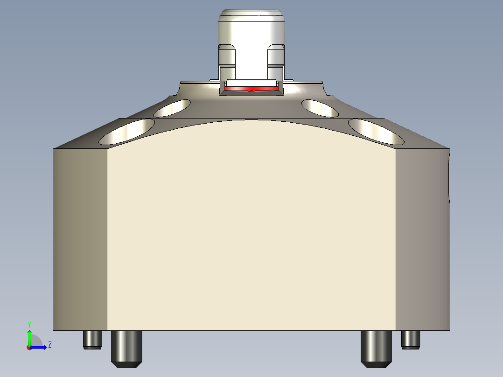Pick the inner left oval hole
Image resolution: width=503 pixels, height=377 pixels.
point(172,108)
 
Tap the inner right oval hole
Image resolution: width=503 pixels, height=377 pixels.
point(320,108)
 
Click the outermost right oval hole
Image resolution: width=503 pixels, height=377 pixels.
point(376,131)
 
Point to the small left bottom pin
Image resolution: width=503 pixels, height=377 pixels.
point(92,339)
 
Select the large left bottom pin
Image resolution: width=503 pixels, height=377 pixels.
point(126,348)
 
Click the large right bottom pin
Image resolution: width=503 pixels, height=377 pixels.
point(377,348)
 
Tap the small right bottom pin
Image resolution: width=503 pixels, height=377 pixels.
point(410,339)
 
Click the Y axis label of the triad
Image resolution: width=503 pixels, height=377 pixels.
point(29,324)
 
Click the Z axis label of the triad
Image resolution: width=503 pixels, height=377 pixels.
point(49,345)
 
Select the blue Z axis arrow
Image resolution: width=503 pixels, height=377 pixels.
point(40,347)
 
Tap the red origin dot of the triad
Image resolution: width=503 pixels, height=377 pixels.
point(29,348)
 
